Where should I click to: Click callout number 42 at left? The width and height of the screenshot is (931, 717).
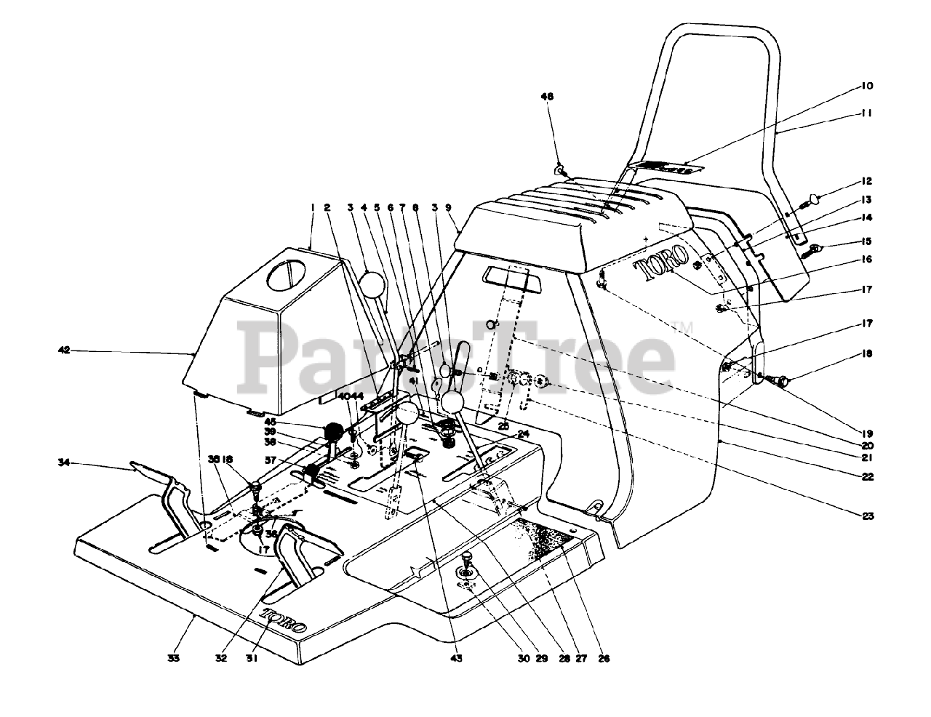pos(63,351)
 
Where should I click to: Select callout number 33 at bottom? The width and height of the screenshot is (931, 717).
pos(173,658)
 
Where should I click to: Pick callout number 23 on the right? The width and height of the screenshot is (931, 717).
pos(867,516)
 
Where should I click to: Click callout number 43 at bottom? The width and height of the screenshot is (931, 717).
pos(456,658)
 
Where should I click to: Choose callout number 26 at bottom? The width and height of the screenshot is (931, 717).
pos(603,659)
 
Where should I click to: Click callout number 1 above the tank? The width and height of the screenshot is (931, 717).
pos(312,207)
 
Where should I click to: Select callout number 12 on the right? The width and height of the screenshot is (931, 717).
pos(867,181)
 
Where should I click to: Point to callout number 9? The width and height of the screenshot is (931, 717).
pos(448,207)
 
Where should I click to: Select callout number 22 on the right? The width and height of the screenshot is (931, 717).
pos(867,477)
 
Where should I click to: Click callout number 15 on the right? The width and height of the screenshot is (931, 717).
pos(867,241)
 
